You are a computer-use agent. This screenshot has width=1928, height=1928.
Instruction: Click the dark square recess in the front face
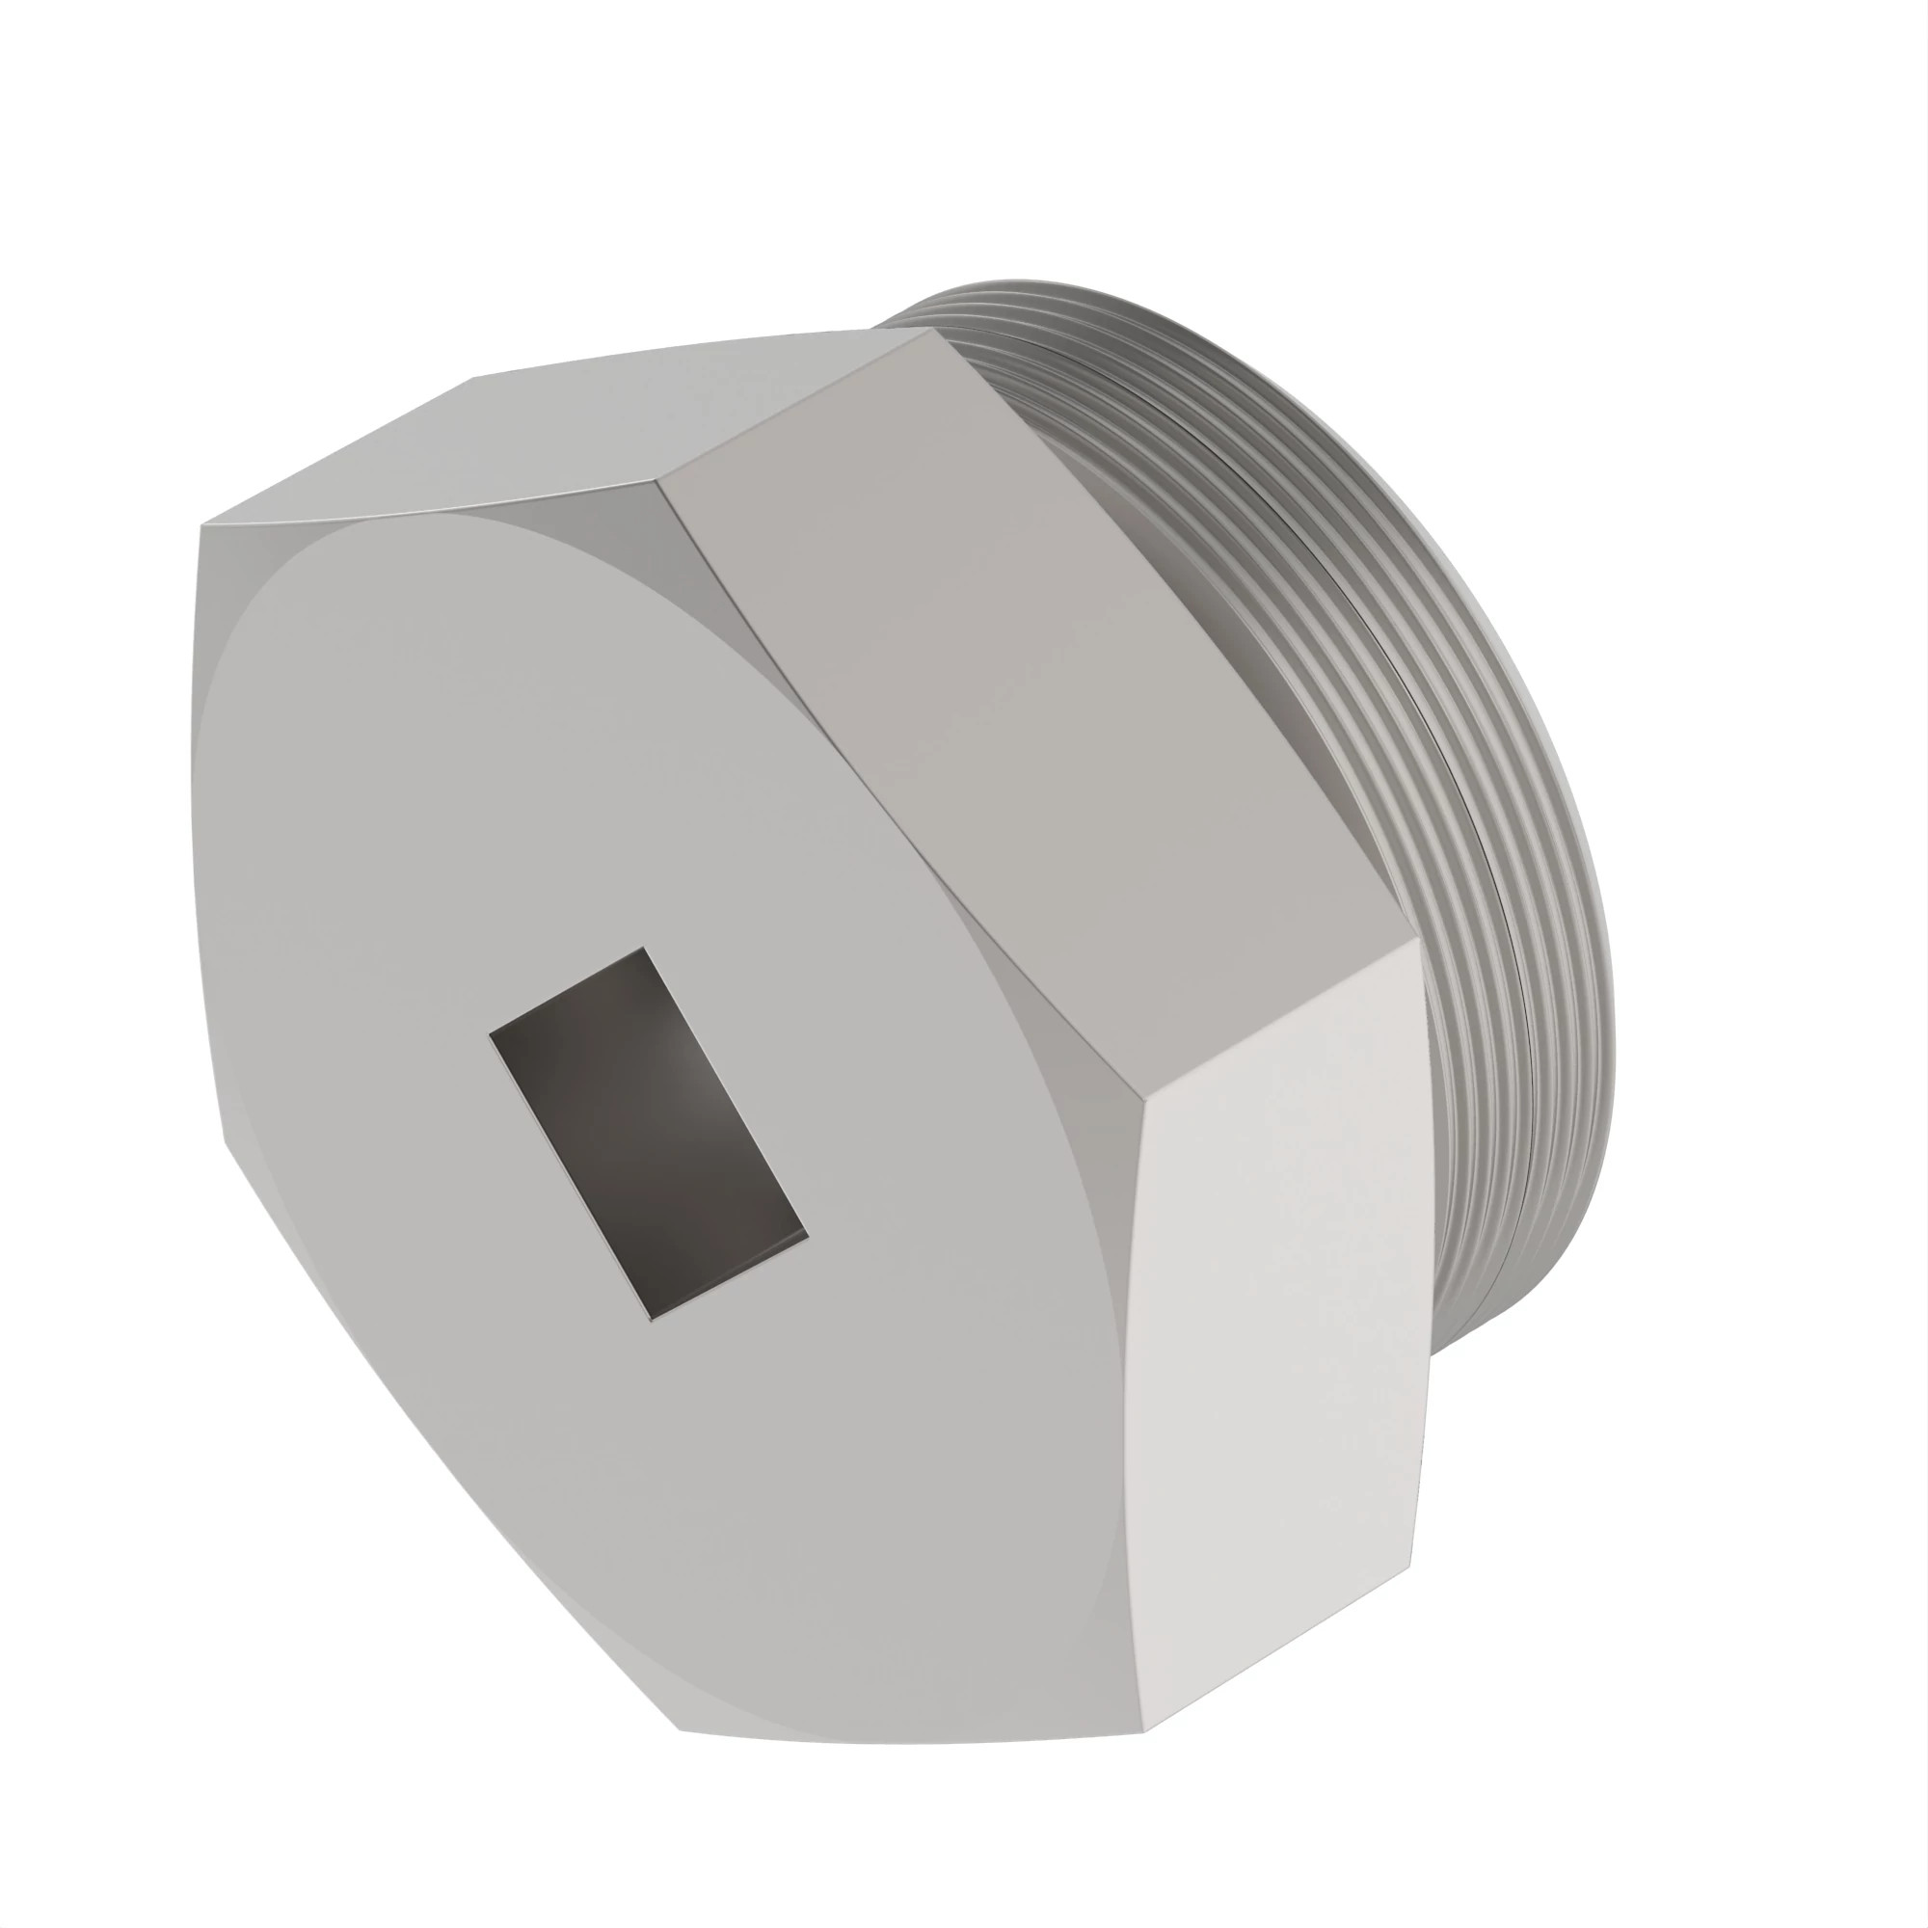click(x=649, y=1133)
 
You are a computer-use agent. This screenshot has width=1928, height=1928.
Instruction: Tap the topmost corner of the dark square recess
click(x=642, y=948)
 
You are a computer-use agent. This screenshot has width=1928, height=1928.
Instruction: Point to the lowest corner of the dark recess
click(x=652, y=1320)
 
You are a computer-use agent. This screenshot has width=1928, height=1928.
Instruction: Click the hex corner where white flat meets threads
click(x=1419, y=938)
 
